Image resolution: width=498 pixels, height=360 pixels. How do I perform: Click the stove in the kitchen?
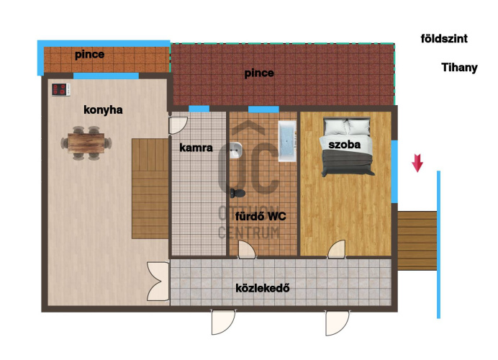(x=60, y=89)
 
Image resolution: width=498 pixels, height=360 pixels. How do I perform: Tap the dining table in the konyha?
(x=86, y=143)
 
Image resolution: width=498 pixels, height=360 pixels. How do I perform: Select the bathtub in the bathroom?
(x=287, y=140)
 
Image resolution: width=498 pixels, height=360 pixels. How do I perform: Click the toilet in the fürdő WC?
(x=237, y=193)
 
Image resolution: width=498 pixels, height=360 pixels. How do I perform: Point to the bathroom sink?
(x=235, y=150)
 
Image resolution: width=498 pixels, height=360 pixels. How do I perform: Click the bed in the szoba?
(x=347, y=147)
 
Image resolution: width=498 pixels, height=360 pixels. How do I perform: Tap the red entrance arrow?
(x=417, y=163)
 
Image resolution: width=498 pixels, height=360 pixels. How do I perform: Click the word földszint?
(x=444, y=39)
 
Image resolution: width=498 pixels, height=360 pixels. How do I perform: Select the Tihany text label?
(x=459, y=68)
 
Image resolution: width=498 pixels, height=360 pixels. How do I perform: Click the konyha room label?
(x=103, y=110)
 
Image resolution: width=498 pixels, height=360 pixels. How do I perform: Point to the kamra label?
(x=196, y=148)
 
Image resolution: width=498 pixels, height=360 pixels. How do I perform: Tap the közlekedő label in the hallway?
(x=263, y=288)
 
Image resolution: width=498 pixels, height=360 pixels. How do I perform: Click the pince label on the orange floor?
(x=89, y=55)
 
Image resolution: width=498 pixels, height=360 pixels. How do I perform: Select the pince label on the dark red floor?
(x=259, y=73)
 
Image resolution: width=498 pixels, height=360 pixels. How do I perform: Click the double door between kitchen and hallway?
(x=158, y=282)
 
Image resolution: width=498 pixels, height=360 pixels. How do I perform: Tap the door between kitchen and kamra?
(x=178, y=125)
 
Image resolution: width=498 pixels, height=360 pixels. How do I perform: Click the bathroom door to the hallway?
(x=247, y=249)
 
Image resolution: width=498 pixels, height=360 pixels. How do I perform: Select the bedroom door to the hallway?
(x=337, y=249)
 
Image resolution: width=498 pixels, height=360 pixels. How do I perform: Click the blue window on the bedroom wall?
(x=394, y=171)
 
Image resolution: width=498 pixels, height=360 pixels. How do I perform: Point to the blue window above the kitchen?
(x=106, y=76)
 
